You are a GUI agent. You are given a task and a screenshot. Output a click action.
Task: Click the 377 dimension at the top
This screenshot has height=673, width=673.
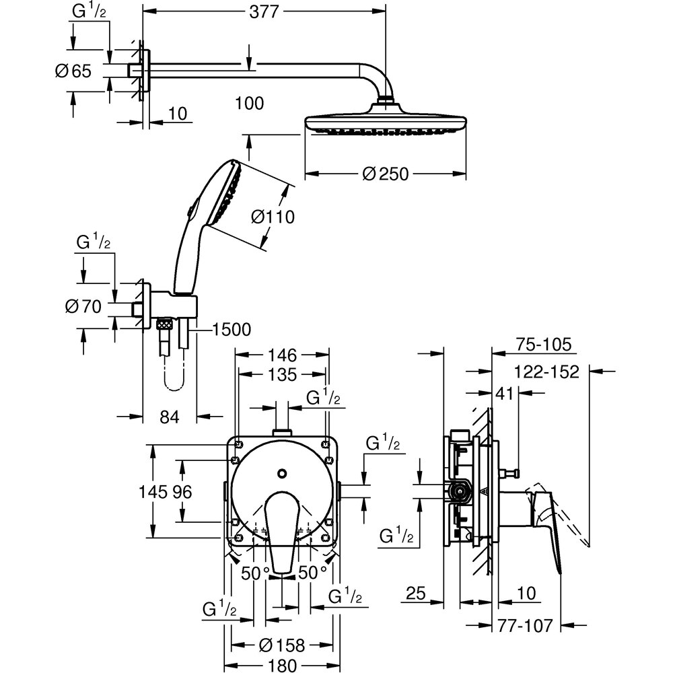264,11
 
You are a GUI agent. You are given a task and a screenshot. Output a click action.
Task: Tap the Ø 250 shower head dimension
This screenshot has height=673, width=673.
385,174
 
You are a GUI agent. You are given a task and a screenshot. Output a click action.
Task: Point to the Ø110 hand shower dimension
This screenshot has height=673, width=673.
273,217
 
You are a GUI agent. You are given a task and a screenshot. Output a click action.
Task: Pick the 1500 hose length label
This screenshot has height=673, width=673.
231,330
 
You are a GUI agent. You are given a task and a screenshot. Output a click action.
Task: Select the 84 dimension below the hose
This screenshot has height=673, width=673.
170,417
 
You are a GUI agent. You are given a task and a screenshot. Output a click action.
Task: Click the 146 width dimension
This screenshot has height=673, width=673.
281,355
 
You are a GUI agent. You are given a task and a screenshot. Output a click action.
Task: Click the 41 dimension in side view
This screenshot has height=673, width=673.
504,394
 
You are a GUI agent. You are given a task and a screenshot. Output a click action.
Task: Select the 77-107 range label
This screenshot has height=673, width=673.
526,626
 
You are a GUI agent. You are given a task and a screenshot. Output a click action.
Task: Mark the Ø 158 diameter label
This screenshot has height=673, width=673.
281,645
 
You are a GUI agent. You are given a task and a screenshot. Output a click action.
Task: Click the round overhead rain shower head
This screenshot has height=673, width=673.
386,123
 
